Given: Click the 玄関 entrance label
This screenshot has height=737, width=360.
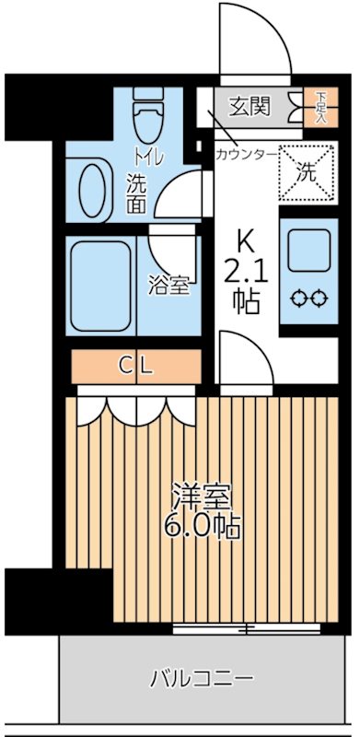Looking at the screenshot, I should click(250, 107).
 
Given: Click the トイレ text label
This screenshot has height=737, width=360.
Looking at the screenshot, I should click(149, 156).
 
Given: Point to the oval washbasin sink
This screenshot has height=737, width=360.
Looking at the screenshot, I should click(93, 187).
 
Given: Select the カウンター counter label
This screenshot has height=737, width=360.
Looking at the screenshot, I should click(245, 154).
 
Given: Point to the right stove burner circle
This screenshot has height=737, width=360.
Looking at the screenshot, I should click(318, 298).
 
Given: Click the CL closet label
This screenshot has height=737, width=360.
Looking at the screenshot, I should click(136, 366).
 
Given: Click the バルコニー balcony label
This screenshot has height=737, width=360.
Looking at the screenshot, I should click(202, 680).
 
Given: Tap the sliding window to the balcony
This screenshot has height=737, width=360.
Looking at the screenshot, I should click(247, 630).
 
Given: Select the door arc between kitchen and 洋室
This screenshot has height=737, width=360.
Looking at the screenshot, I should click(241, 362).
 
